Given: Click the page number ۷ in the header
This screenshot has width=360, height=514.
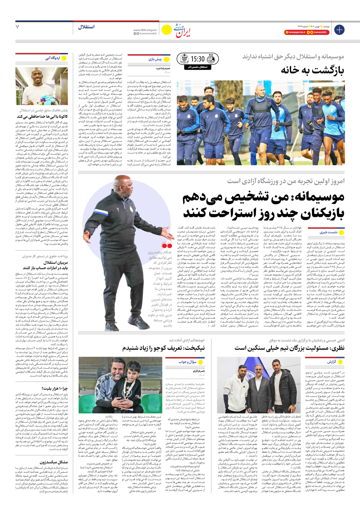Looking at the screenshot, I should tap(18, 27).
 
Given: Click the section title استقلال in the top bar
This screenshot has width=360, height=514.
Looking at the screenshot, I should tap(86, 27).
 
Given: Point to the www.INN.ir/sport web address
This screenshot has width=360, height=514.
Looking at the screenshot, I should tap(145, 30).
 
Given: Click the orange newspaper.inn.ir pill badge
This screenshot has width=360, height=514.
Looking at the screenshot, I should tap(295, 32).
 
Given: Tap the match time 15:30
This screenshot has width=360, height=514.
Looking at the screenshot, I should tap(198, 59).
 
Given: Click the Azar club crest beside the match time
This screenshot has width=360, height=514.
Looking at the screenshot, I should tap(184, 59).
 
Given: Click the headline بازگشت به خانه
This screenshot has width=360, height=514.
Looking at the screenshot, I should tap(312, 70).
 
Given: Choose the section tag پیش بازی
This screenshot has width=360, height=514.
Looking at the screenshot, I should tap(155, 59).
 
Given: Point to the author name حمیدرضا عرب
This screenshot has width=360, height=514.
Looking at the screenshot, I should tap(163, 69).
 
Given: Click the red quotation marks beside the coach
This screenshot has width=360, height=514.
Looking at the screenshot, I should tap(167, 245).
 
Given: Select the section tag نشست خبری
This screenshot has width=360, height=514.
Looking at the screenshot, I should tap(328, 232).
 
